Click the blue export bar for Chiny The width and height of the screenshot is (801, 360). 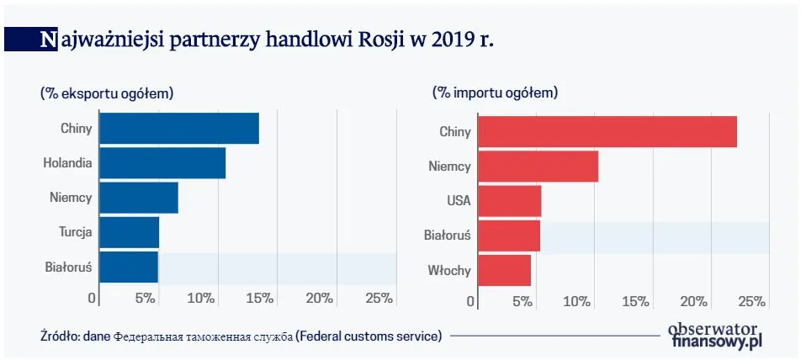179,129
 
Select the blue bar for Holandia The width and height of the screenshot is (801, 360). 162,162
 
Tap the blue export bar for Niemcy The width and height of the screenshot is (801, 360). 139,198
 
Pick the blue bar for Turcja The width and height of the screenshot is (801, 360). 130,232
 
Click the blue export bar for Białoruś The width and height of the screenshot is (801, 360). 129,267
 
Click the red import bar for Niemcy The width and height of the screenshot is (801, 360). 538,167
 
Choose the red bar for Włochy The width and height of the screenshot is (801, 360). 504,271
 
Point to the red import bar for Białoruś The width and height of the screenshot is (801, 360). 508,236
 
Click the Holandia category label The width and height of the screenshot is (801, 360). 67,163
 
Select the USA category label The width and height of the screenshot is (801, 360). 459,201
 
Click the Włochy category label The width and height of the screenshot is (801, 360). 450,271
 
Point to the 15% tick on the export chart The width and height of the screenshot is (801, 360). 260,298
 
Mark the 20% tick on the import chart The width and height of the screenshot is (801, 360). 694,301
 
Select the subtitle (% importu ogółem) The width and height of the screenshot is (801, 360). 496,93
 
